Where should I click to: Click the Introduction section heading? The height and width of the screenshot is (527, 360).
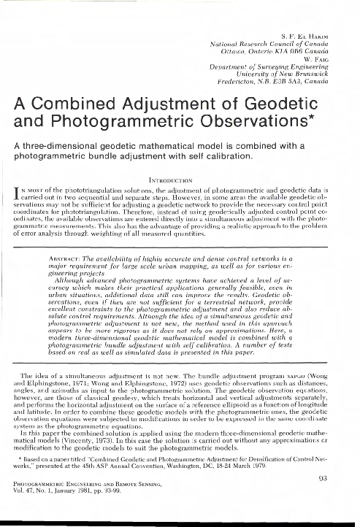pyautogui.click(x=180, y=176)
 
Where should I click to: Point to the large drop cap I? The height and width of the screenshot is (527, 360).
pyautogui.click(x=18, y=192)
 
